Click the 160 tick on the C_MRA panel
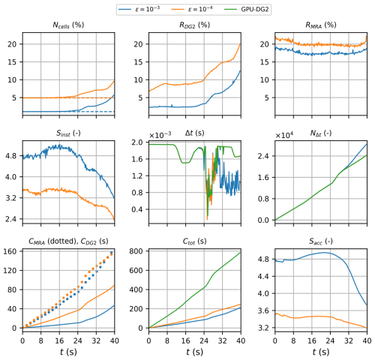[x=11, y=251]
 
